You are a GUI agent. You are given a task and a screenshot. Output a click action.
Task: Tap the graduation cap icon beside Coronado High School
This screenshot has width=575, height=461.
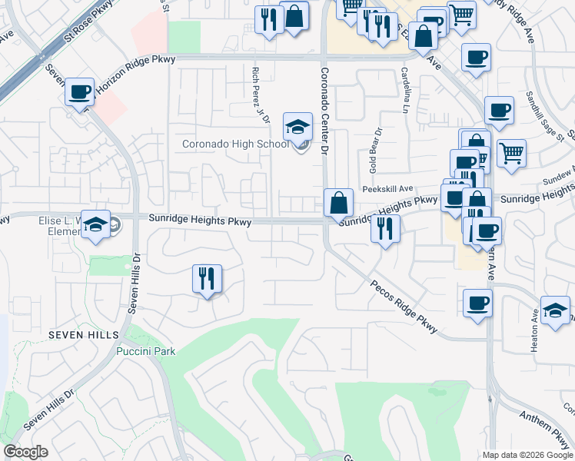coord(297,128)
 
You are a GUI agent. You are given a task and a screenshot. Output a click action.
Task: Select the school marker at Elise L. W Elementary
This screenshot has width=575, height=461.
coord(95,224)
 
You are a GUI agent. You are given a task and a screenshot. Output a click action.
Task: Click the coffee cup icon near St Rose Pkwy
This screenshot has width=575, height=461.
coord(79,93)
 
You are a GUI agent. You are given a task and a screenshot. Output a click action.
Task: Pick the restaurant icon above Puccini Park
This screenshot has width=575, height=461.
coord(206,278)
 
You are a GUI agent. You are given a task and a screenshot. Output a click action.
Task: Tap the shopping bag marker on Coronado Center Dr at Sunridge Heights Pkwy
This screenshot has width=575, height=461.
coord(338,204)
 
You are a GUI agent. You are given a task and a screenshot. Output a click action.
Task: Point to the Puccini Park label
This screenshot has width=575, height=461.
coord(146,351)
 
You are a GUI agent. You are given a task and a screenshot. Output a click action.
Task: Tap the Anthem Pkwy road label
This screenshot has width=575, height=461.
coord(543,429)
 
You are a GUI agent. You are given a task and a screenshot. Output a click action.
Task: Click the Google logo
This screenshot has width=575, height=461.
coord(25,452)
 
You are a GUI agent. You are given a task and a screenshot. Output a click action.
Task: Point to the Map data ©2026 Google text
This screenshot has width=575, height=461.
coord(527,455)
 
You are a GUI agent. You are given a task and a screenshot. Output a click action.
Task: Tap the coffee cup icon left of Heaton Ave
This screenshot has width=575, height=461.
coord(477,302)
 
